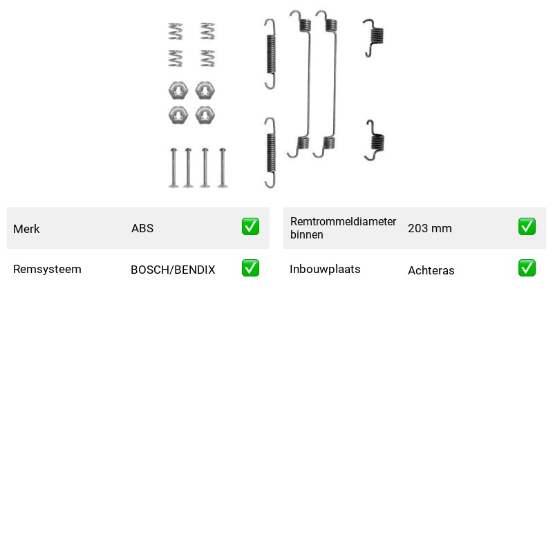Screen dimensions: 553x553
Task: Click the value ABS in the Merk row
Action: (x=142, y=228)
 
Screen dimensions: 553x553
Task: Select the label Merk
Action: (x=26, y=229)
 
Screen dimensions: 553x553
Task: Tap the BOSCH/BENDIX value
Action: (x=173, y=270)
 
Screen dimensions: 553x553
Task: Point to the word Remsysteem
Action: (x=47, y=269)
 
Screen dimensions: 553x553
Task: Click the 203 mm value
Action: (x=429, y=228)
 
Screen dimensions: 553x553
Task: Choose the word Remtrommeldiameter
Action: (x=343, y=221)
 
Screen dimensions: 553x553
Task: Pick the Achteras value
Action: (x=431, y=270)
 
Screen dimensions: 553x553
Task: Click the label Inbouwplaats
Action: (x=325, y=269)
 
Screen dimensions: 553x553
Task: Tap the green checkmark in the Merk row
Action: (x=250, y=227)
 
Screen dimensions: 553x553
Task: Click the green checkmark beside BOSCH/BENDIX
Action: (x=250, y=268)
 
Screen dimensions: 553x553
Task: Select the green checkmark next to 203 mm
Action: (x=527, y=227)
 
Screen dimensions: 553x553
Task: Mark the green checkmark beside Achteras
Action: (x=527, y=268)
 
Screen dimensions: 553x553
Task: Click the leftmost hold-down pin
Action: (x=174, y=168)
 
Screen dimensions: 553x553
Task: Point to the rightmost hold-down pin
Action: (x=222, y=168)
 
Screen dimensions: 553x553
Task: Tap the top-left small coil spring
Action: (x=176, y=31)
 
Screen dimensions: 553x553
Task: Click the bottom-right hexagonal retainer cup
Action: (x=205, y=115)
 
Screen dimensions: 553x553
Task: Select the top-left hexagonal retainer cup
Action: (x=178, y=91)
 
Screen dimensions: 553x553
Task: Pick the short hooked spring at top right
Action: (x=374, y=37)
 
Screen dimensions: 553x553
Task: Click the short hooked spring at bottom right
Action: (x=375, y=140)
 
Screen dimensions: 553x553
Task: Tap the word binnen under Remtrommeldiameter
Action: (x=306, y=235)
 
